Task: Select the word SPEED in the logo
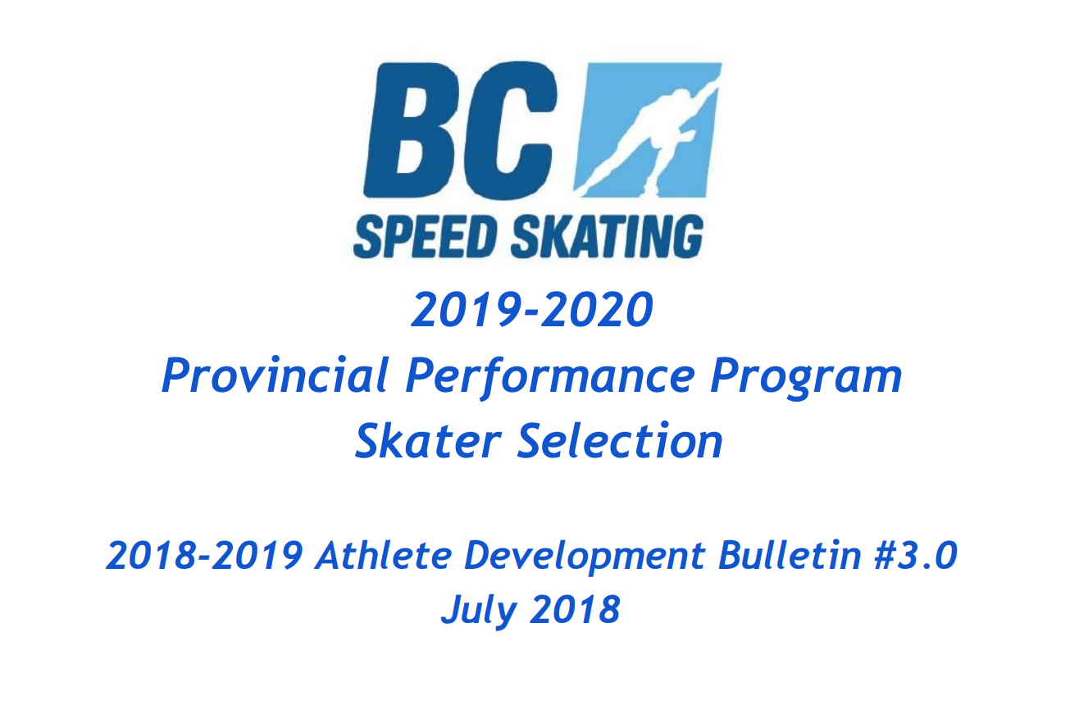tap(425, 236)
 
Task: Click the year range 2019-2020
tap(532, 310)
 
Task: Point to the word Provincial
tap(275, 375)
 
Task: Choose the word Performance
tap(550, 377)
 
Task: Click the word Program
tap(806, 379)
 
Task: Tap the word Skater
tap(429, 441)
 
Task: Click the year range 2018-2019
tap(204, 556)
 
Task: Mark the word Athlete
tap(384, 556)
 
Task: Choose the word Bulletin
tap(790, 556)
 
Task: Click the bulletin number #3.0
tap(916, 556)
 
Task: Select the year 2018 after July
tap(575, 609)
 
